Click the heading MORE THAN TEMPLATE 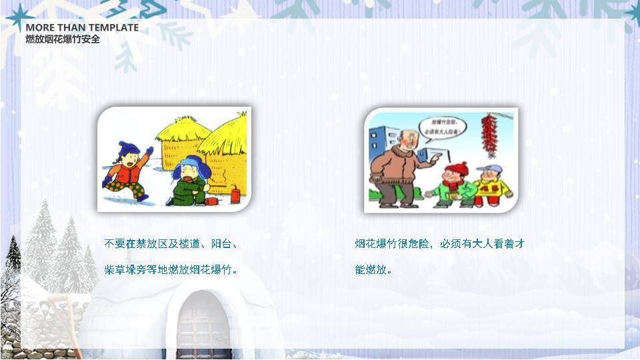pyautogui.click(x=82, y=27)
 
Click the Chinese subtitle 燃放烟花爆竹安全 pyautogui.click(x=63, y=39)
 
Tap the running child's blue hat pyautogui.click(x=128, y=149)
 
